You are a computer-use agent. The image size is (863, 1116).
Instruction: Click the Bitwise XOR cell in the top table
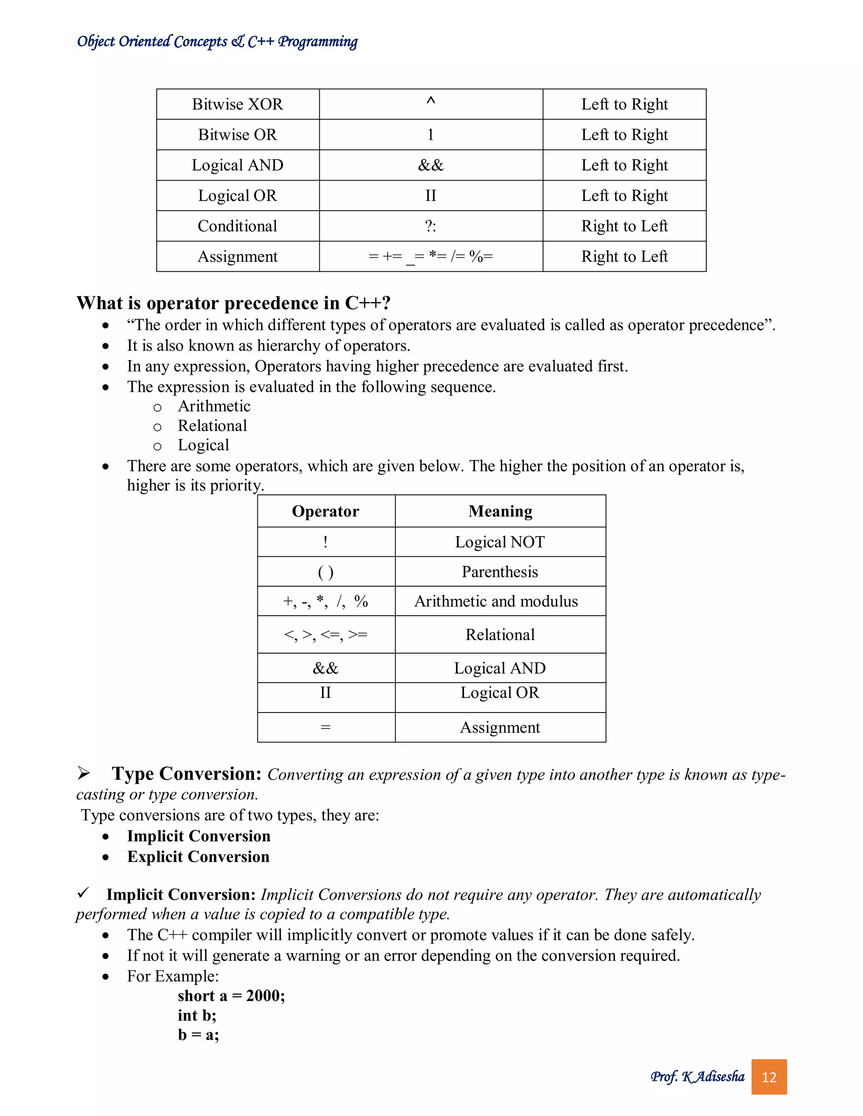coord(237,104)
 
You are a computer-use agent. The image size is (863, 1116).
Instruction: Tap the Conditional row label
coord(237,226)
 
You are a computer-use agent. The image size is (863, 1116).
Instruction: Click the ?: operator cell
coord(431,226)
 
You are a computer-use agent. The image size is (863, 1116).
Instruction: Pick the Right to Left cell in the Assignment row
coord(624,256)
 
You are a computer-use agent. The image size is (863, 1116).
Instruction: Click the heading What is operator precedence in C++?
coord(233,303)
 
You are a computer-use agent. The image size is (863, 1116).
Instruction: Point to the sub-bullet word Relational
coord(212,426)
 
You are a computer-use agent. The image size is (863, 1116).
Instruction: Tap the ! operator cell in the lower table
coord(325,542)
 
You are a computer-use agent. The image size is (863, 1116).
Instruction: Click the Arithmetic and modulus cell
coord(496,601)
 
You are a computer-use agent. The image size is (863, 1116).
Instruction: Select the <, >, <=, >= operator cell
coord(325,635)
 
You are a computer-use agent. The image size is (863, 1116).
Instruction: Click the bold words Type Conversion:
coord(187,774)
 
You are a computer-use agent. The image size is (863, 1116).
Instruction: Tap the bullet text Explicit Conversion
coord(198,857)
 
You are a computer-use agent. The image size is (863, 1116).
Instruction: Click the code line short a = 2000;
coord(231,996)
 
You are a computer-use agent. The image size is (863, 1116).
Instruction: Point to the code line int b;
coord(197,1015)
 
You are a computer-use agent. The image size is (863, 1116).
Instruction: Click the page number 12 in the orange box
coord(769,1077)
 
